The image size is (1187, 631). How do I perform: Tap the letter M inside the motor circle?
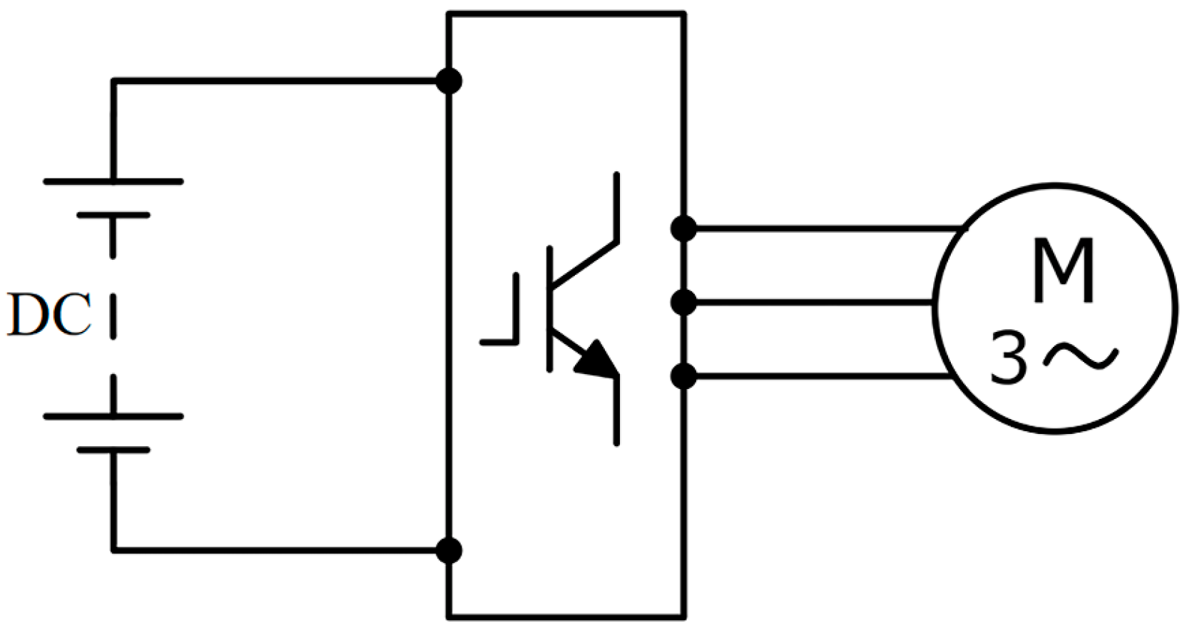coord(1063,271)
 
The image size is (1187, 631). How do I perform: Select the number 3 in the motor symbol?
coord(1009,359)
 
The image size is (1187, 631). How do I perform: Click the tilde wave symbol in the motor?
coord(1081,355)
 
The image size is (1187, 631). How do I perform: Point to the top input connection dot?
coord(449,81)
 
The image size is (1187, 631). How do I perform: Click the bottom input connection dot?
coord(449,550)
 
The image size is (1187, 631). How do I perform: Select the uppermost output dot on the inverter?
coord(683,228)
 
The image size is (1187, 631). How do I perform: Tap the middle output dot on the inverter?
coord(683,303)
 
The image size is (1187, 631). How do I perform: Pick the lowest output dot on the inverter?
coord(683,375)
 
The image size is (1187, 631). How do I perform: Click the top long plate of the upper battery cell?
coord(113,181)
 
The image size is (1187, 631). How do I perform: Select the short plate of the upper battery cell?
coord(113,215)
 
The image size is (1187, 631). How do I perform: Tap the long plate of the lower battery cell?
coord(113,416)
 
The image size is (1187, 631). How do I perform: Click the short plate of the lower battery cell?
coord(113,450)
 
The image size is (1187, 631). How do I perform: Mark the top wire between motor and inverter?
coord(820,228)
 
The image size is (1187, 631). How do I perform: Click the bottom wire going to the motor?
coord(813,375)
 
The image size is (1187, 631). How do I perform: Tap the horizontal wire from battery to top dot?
coord(278,81)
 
